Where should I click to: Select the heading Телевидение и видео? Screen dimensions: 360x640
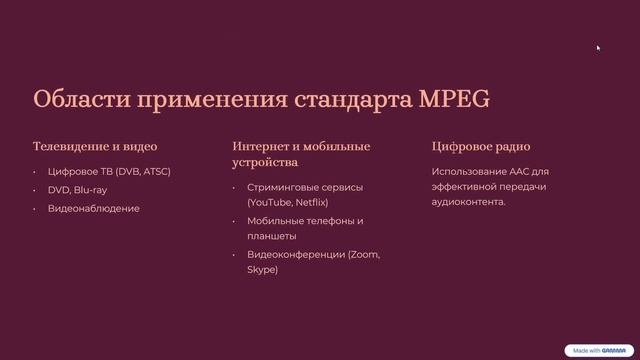(x=95, y=147)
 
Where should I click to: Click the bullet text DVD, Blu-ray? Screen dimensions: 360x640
(x=77, y=190)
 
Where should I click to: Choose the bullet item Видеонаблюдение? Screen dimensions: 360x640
(x=94, y=208)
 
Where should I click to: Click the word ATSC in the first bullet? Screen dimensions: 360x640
(x=155, y=171)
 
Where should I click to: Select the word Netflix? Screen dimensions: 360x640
(x=318, y=202)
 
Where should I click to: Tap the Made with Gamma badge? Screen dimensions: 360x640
(x=598, y=350)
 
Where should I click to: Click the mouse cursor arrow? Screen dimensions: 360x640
(x=598, y=47)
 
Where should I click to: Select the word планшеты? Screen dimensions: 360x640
(x=272, y=236)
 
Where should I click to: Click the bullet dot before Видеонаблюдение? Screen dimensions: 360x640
(x=35, y=209)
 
